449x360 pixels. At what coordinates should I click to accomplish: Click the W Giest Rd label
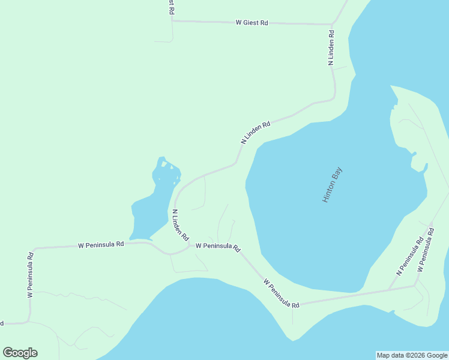coord(252,23)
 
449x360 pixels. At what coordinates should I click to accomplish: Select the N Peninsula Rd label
coord(410,257)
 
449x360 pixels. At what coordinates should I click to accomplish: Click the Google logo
coord(20,353)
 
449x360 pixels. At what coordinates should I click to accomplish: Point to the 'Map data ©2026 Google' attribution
coord(412,355)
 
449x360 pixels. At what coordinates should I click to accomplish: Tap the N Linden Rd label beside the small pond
coord(180,224)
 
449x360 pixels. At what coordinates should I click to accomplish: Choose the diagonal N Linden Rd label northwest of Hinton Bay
coord(256,133)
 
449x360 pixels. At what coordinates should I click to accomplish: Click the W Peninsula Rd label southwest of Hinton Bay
coord(281,293)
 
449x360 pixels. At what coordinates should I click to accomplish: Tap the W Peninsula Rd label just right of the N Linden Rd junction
coord(217,247)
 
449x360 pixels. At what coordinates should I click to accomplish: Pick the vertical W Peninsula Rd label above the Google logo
coord(30,275)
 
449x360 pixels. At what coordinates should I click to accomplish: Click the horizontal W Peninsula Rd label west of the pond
coord(101,245)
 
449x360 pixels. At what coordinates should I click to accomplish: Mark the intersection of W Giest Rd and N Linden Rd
coord(331,25)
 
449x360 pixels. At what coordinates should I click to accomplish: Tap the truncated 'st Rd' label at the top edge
coord(172,7)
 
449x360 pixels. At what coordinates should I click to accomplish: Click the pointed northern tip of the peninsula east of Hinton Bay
coord(391,86)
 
